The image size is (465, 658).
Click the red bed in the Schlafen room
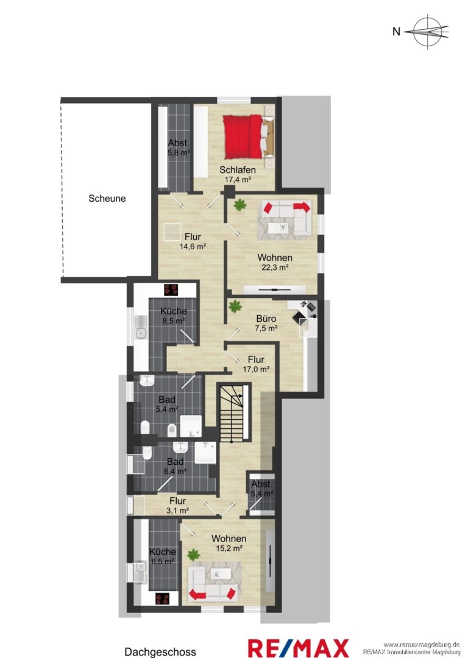(243, 137)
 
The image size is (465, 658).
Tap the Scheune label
(107, 199)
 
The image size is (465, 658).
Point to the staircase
(234, 414)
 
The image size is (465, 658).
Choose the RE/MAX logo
(299, 648)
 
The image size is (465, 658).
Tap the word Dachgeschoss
(160, 652)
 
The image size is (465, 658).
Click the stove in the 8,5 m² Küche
(171, 289)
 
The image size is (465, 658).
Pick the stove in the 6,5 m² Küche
(162, 598)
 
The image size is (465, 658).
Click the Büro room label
(266, 319)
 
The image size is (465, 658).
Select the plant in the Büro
(235, 306)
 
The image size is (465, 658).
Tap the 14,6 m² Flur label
(193, 242)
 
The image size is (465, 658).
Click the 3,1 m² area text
(178, 511)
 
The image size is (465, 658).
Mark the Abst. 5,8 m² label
(179, 147)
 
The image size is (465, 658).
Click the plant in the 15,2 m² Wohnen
(193, 555)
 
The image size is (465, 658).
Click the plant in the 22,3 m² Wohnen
(240, 205)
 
